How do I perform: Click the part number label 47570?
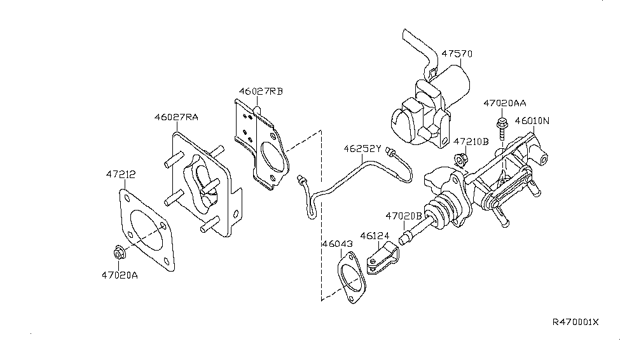458,55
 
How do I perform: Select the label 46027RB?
261,91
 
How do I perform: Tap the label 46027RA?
176,117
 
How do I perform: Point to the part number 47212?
121,173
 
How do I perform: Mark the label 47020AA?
505,102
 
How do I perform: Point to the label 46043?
336,244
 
